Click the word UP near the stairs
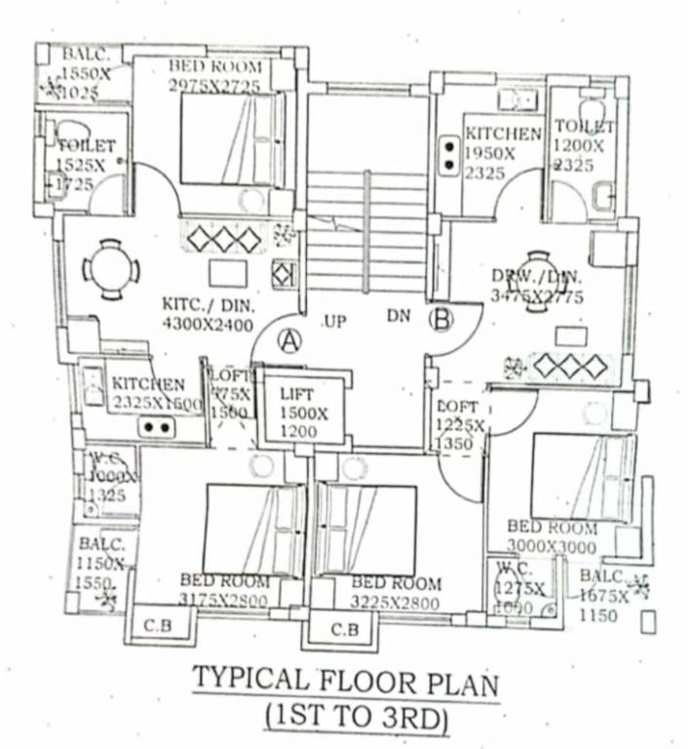tap(334, 320)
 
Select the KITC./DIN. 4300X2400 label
tap(208, 316)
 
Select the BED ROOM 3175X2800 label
tap(224, 590)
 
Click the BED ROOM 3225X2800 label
tap(396, 593)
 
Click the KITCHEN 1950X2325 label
tap(501, 152)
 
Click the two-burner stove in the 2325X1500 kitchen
tap(155, 427)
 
